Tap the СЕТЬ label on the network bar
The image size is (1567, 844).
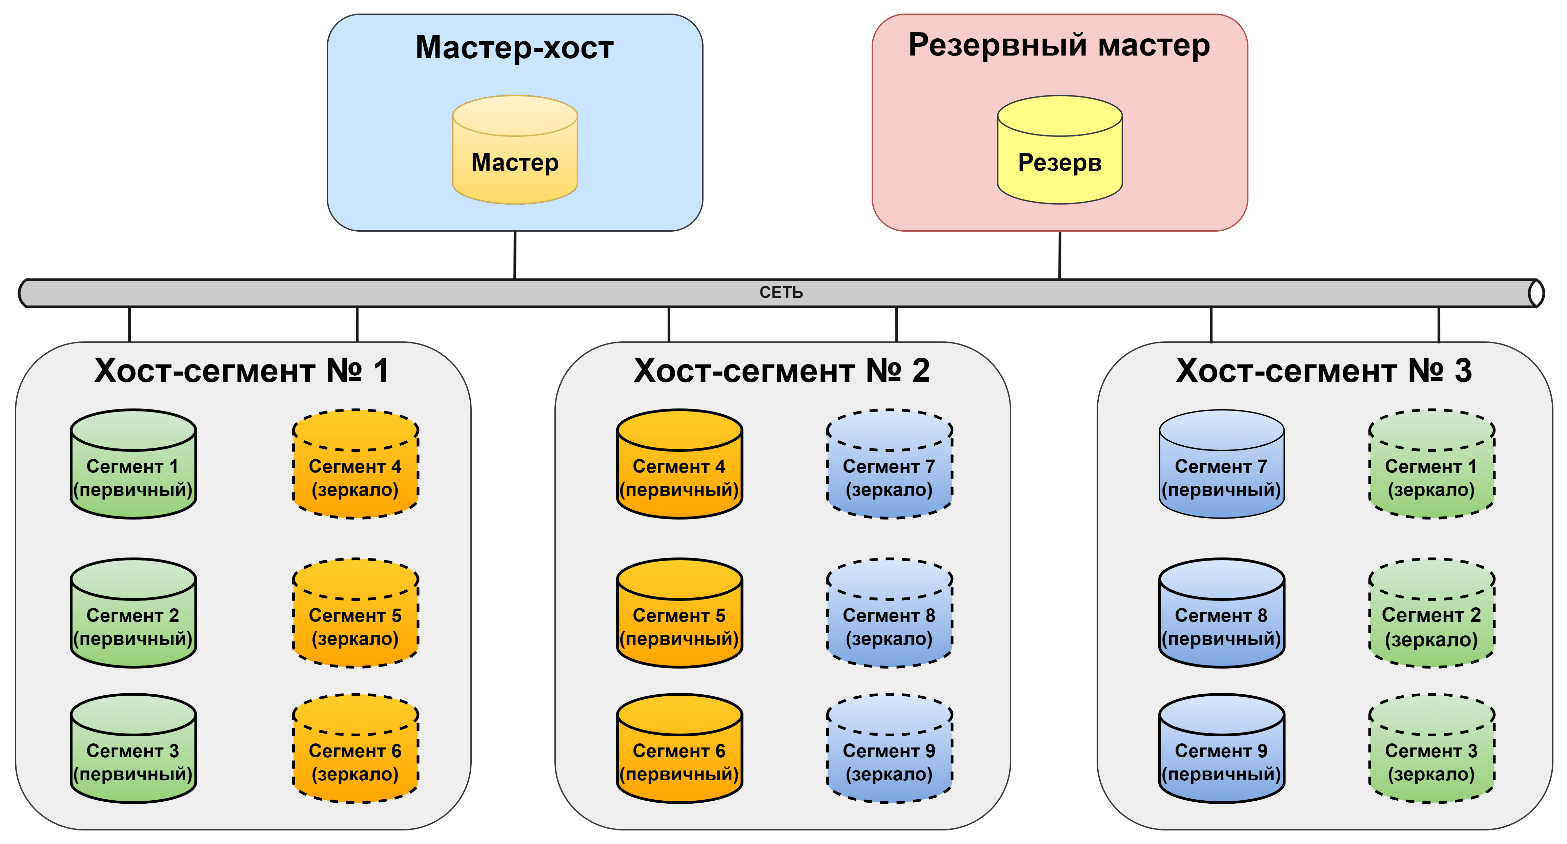tap(781, 293)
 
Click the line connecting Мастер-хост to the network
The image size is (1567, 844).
tap(515, 255)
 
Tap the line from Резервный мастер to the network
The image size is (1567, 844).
tap(1060, 255)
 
